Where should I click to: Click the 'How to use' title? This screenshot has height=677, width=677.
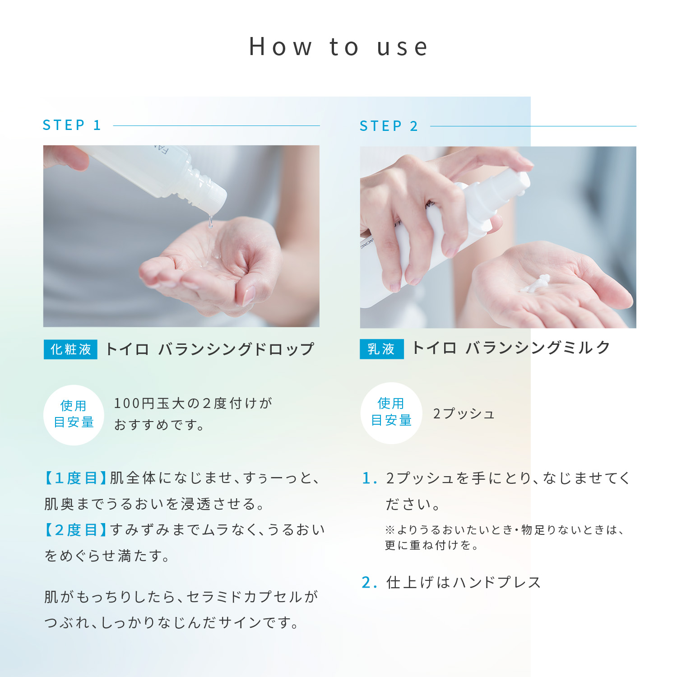[x=338, y=47]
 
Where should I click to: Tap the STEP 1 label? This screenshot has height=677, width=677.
[x=72, y=125]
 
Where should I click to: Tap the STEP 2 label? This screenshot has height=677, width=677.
[x=389, y=126]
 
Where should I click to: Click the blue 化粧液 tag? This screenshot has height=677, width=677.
[x=70, y=349]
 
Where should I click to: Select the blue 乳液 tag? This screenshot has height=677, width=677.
[x=381, y=349]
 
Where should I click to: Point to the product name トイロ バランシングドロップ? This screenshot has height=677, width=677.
[x=209, y=349]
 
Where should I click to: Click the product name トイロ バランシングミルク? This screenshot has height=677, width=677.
[x=511, y=348]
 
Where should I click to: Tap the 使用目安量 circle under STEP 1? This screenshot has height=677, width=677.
[x=74, y=414]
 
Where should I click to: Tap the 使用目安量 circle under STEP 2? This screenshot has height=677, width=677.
[x=391, y=413]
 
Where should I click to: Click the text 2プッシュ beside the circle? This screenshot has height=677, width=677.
[x=464, y=414]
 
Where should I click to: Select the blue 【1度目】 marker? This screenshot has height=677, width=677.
[x=75, y=478]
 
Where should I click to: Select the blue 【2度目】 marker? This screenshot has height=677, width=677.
[x=75, y=530]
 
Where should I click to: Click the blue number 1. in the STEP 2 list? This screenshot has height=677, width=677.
[x=369, y=478]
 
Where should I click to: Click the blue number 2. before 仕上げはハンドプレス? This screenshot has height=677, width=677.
[x=369, y=583]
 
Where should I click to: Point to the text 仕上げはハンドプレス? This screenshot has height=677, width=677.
[x=464, y=583]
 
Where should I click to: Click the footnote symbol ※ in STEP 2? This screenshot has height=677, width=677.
[x=390, y=530]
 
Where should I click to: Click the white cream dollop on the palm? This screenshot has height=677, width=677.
[x=536, y=283]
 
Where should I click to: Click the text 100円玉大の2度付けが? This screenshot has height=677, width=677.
[x=193, y=403]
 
